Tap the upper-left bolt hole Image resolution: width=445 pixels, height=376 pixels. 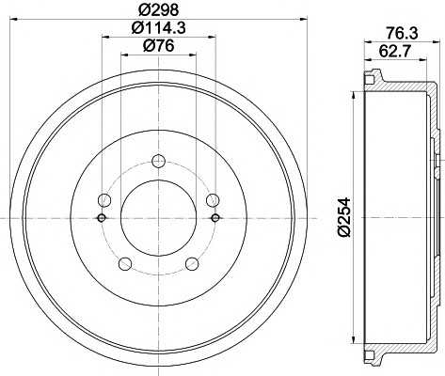[x=103, y=199]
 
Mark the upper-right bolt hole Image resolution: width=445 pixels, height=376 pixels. [x=214, y=199]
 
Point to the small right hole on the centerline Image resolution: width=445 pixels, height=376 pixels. [x=215, y=218]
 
